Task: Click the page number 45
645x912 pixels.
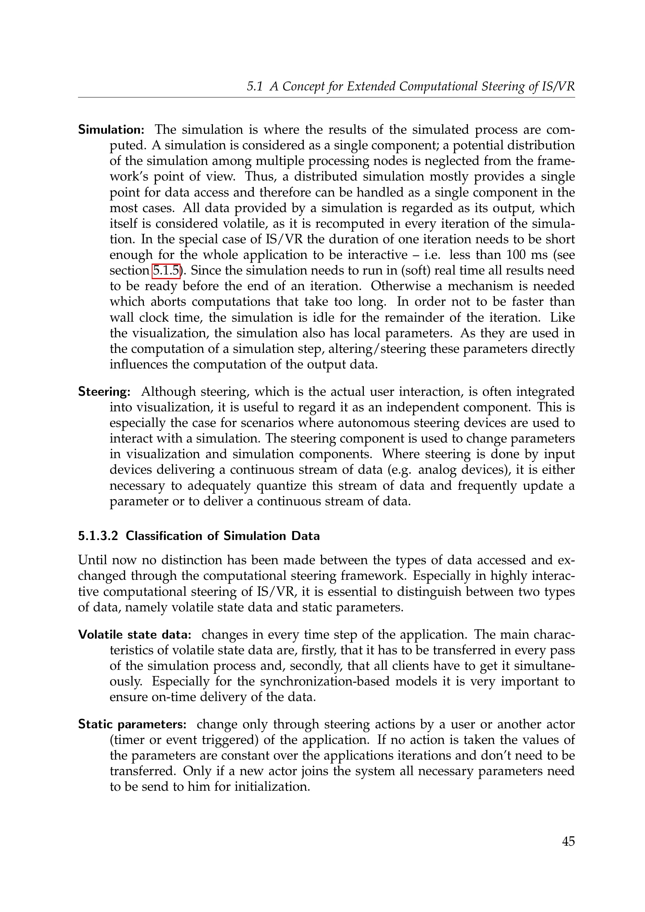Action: coord(568,841)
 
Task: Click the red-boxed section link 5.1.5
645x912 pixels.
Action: coord(166,271)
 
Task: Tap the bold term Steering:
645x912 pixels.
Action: coord(104,391)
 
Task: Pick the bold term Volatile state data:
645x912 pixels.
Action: coord(135,634)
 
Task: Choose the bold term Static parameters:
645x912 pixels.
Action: coord(132,724)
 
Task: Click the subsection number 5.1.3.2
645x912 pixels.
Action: coord(98,536)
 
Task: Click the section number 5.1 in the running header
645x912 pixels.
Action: coord(255,86)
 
